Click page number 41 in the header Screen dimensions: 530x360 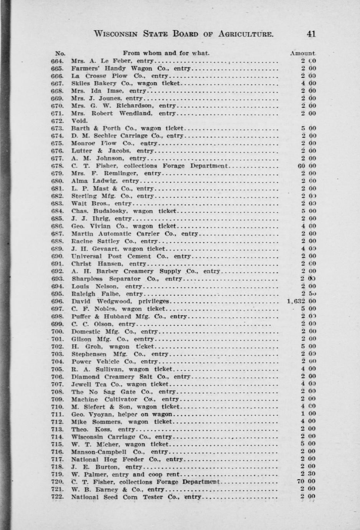(x=311, y=34)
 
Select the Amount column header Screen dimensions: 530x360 (x=303, y=53)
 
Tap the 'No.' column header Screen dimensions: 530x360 (x=60, y=53)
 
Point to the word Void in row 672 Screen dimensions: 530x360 (x=79, y=121)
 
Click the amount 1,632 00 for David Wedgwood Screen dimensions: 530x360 (x=301, y=301)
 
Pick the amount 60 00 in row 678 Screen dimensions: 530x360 (x=307, y=166)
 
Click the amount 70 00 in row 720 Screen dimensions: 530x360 (x=307, y=482)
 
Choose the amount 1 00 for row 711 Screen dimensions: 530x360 (x=309, y=414)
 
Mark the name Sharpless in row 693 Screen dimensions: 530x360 (x=87, y=278)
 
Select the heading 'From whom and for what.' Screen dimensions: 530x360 (x=166, y=53)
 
